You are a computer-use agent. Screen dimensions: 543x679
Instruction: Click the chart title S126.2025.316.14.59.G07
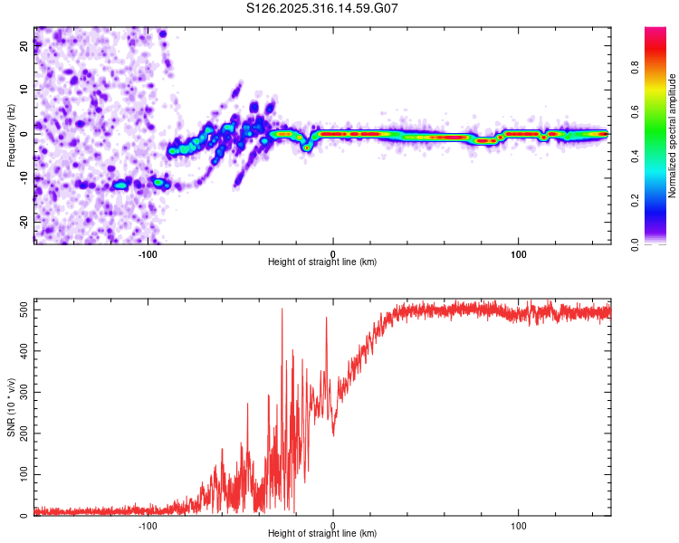tap(322, 9)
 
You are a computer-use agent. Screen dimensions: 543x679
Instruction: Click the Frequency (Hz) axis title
tap(11, 135)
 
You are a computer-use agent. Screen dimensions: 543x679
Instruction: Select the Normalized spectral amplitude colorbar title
tap(672, 136)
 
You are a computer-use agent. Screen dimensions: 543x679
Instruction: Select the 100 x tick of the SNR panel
tap(519, 526)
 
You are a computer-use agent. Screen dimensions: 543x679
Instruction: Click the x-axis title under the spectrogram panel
tap(322, 262)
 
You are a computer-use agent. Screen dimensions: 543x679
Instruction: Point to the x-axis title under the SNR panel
tap(322, 535)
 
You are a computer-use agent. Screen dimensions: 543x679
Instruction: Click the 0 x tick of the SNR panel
tap(333, 526)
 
